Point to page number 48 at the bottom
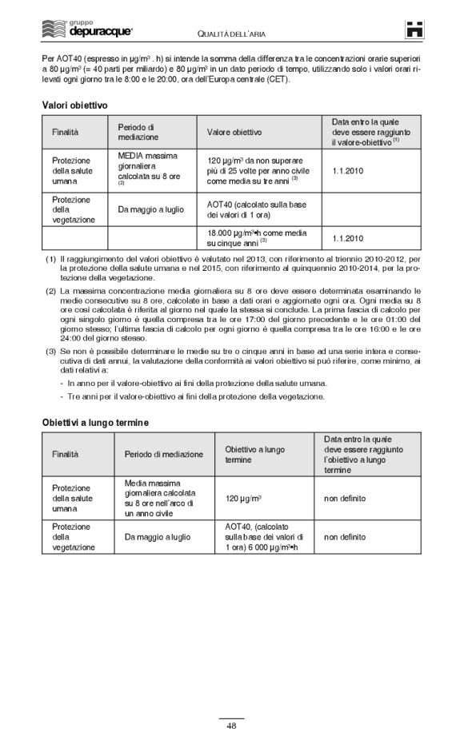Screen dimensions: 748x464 [x=231, y=726]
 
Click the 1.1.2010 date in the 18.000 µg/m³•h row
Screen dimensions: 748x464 [x=347, y=238]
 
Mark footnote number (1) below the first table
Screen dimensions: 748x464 [x=50, y=260]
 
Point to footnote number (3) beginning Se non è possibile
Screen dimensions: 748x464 [x=50, y=351]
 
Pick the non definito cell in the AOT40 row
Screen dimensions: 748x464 [x=345, y=537]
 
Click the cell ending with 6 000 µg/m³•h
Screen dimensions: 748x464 [x=265, y=537]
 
